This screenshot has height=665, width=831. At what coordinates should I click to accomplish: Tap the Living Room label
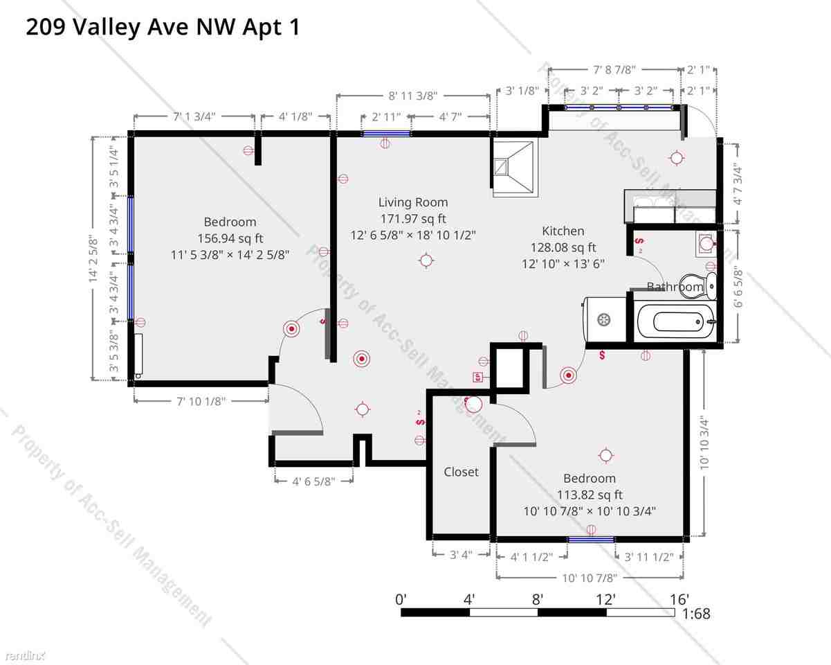412,202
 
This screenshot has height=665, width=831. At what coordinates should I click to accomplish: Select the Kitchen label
563,231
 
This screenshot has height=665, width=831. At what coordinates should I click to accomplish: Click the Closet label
461,472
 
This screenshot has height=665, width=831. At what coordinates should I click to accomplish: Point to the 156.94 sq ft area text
230,238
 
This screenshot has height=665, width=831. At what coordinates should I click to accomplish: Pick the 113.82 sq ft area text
590,495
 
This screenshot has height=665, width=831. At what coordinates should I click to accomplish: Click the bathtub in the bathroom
674,322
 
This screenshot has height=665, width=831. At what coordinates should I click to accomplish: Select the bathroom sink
706,243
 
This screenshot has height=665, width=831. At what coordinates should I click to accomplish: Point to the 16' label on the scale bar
679,599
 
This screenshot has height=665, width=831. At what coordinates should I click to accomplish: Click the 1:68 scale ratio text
695,614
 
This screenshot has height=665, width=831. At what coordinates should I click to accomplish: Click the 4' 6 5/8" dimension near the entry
313,481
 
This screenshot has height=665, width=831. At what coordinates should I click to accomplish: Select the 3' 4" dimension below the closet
460,555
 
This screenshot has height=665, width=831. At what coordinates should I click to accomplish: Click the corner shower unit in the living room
515,168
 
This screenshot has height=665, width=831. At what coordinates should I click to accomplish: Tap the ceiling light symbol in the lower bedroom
606,455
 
